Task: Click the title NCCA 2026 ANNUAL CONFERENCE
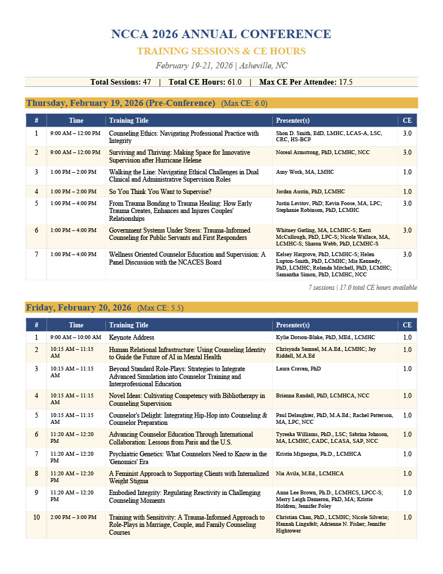click(x=221, y=34)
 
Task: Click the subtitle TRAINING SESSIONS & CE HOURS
click(x=221, y=51)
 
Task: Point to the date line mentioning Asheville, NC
click(x=221, y=66)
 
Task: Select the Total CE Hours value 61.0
click(x=232, y=82)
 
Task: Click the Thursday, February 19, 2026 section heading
click(x=120, y=103)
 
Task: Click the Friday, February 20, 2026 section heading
click(x=78, y=307)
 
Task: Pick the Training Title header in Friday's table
click(x=129, y=325)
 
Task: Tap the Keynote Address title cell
click(x=132, y=337)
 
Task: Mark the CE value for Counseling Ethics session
click(x=407, y=133)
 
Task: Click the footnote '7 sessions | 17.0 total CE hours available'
click(x=362, y=288)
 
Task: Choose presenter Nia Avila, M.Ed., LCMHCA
click(x=310, y=473)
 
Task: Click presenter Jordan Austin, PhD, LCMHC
click(x=310, y=192)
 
